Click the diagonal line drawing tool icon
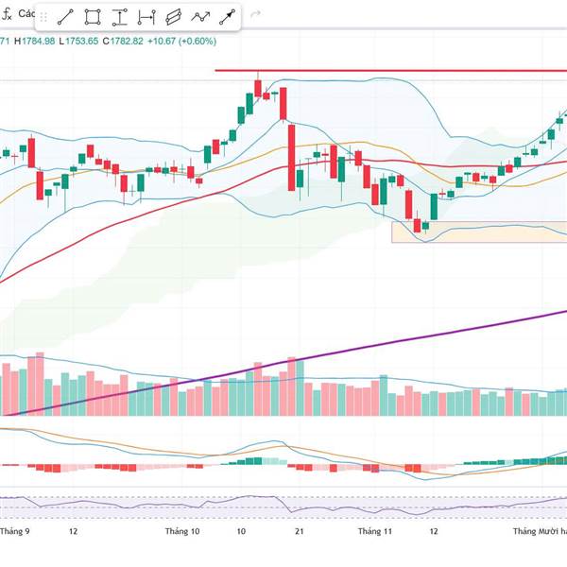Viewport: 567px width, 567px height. click(x=65, y=17)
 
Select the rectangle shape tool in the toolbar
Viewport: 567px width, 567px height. click(x=93, y=17)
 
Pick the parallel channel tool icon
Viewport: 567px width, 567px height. click(x=173, y=17)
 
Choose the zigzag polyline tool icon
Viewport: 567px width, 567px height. click(x=200, y=17)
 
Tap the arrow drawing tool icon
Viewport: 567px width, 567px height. click(x=228, y=17)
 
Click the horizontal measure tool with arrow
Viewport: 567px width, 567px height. click(x=146, y=17)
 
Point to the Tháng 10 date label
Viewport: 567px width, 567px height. click(x=181, y=532)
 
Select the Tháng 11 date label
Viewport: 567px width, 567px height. click(x=374, y=532)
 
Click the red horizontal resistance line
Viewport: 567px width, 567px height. click(x=378, y=71)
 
